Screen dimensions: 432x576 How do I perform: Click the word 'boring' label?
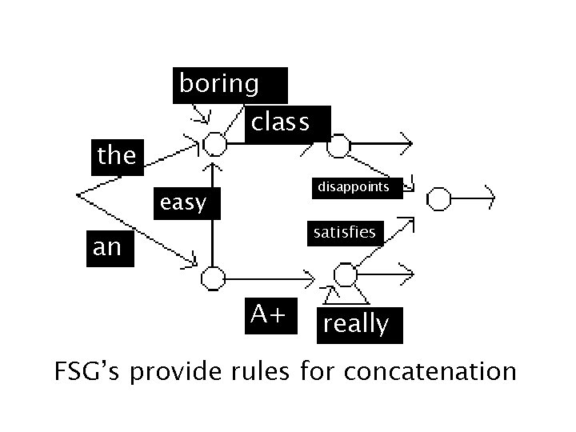click(220, 84)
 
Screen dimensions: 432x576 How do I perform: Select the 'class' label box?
click(281, 122)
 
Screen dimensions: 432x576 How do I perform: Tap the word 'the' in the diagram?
click(117, 155)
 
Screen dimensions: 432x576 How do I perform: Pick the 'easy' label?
click(183, 203)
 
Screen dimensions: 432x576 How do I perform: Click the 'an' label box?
click(107, 247)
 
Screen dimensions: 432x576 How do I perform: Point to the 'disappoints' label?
click(354, 187)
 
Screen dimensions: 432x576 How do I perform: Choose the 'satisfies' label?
click(345, 232)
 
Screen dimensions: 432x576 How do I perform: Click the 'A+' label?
click(268, 314)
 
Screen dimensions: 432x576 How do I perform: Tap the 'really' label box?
click(356, 324)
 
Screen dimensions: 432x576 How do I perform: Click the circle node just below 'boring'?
click(214, 145)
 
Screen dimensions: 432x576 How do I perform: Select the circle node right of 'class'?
click(338, 146)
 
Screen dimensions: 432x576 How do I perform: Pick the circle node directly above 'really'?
click(345, 276)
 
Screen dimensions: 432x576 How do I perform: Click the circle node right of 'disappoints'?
click(438, 197)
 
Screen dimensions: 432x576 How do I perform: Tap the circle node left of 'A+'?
click(213, 279)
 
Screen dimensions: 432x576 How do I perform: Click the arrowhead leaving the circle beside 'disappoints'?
click(489, 197)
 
